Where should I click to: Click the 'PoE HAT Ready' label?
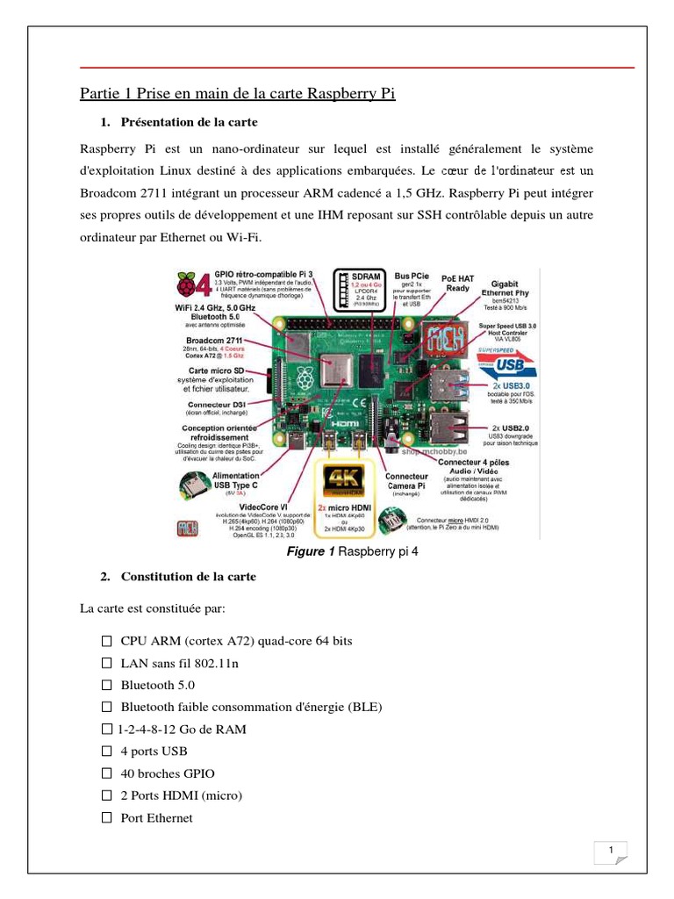click(459, 282)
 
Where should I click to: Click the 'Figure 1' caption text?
click(311, 550)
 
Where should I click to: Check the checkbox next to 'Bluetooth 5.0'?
click(107, 685)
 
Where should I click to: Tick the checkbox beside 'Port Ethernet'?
click(107, 818)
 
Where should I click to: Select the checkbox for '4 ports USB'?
click(107, 752)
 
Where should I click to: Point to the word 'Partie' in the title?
click(98, 93)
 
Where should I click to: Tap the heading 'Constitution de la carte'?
click(189, 577)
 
